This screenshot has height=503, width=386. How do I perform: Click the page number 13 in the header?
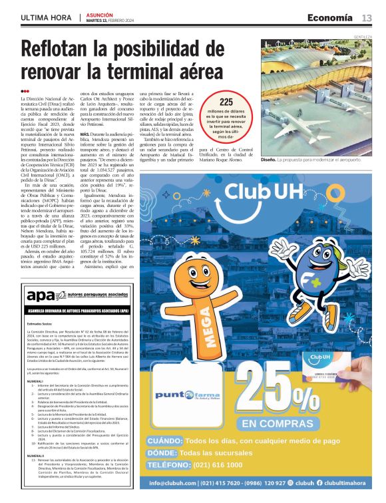[x=367, y=17]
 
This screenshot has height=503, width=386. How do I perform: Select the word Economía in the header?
[x=331, y=17]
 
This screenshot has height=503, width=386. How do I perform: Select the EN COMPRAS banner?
[x=274, y=423]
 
